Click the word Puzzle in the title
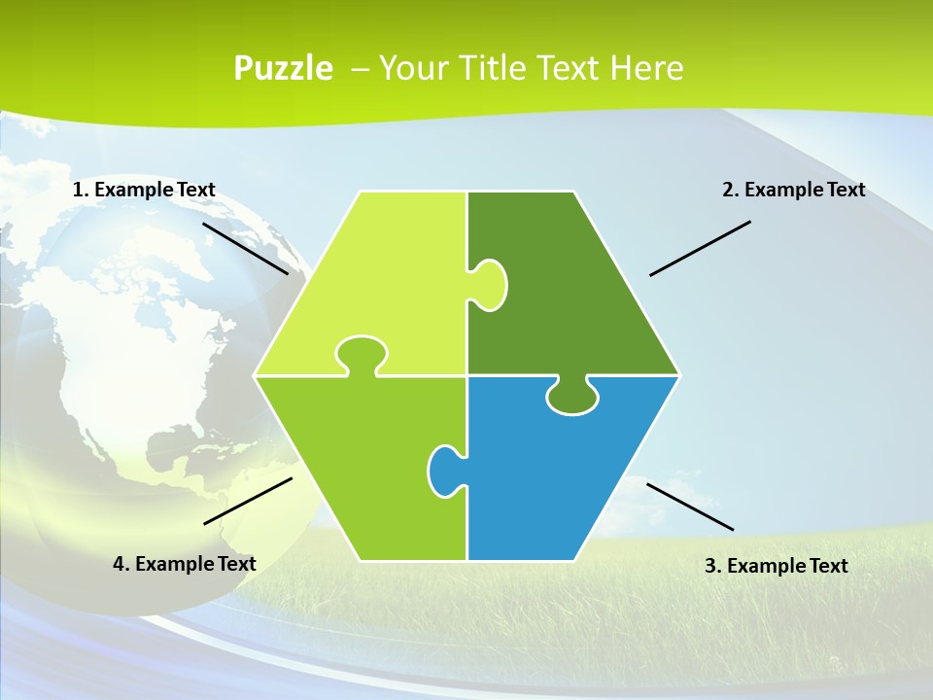point(283,69)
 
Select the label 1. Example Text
point(144,190)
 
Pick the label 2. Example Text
point(793,190)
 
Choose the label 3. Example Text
point(776,566)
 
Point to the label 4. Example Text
point(185,564)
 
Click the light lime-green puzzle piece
point(379,272)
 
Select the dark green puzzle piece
point(573,292)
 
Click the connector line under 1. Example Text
point(245,248)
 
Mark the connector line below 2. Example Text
point(700,248)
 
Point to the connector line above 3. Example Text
point(690,507)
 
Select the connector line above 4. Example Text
point(248,501)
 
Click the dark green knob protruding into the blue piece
point(571,397)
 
